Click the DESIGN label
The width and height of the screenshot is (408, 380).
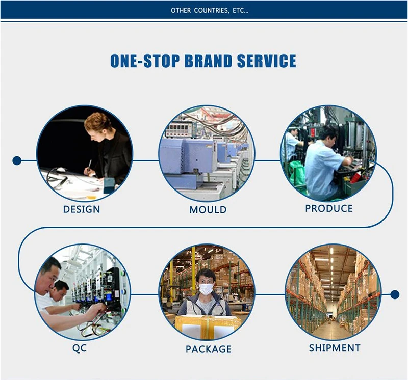82,209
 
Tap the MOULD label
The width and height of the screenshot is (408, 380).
208,210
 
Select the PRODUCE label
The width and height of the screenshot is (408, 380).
329,208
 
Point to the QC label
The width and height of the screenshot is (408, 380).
80,348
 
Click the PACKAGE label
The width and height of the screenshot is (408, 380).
209,349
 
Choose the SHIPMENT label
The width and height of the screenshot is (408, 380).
335,348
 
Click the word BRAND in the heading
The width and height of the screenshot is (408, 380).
208,61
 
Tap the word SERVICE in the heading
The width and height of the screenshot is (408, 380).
266,61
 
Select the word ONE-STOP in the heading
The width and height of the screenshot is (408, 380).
145,61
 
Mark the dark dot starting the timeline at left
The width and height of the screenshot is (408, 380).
17,160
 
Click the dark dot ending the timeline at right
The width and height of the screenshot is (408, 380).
395,294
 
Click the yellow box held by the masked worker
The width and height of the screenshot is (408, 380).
208,325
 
